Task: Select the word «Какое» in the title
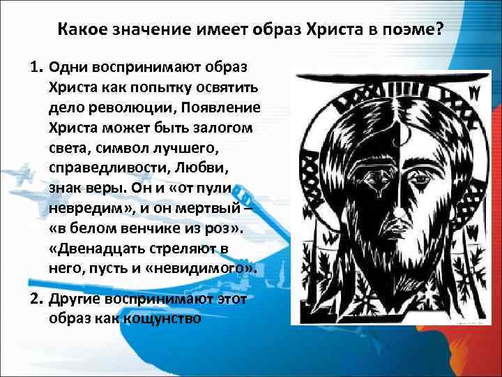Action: [x=82, y=31]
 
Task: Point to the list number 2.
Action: [x=35, y=300]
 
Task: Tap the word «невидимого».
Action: [x=208, y=267]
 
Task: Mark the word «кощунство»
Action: [x=162, y=319]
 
